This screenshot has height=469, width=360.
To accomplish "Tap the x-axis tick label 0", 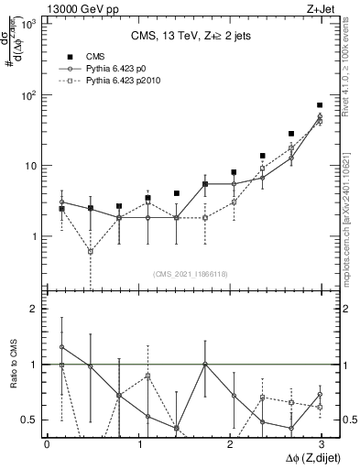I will [47, 444].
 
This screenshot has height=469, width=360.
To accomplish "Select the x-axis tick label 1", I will [138, 444].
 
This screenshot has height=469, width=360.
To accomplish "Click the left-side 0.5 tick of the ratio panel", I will [28, 420].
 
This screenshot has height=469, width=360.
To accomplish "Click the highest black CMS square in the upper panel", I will [320, 105].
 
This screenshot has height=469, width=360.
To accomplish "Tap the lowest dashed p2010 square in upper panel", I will [90, 251].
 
